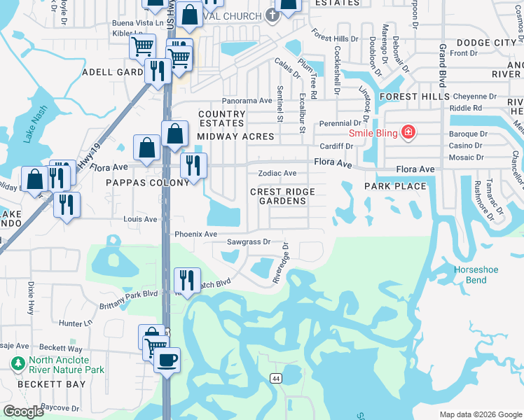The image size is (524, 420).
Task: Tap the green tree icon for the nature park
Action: [17, 364]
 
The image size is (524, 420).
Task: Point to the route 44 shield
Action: [277, 378]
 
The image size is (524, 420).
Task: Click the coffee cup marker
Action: [167, 360]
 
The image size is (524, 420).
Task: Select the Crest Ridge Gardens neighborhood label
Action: [283, 196]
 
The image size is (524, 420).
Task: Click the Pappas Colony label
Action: [149, 182]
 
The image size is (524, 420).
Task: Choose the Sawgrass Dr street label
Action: [248, 242]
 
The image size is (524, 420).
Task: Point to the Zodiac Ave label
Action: [277, 173]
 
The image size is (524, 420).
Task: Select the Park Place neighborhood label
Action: [395, 186]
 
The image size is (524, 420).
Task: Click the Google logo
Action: [23, 412]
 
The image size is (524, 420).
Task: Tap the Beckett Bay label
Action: [53, 384]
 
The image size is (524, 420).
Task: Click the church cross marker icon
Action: [273, 15]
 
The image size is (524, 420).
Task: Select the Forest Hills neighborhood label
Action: [408, 96]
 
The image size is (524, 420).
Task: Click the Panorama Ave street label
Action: [247, 101]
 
